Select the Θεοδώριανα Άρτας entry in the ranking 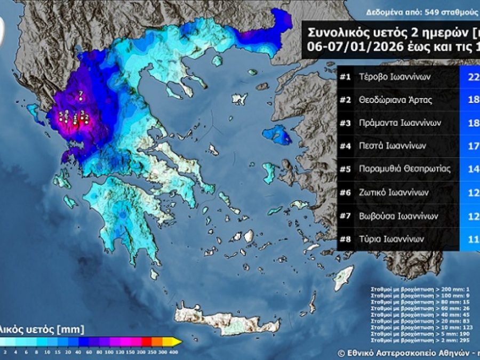(395, 100)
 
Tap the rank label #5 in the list (345, 169)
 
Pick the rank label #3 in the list (345, 123)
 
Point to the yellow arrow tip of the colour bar (178, 341)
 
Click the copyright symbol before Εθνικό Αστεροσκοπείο (341, 353)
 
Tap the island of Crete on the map (224, 320)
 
